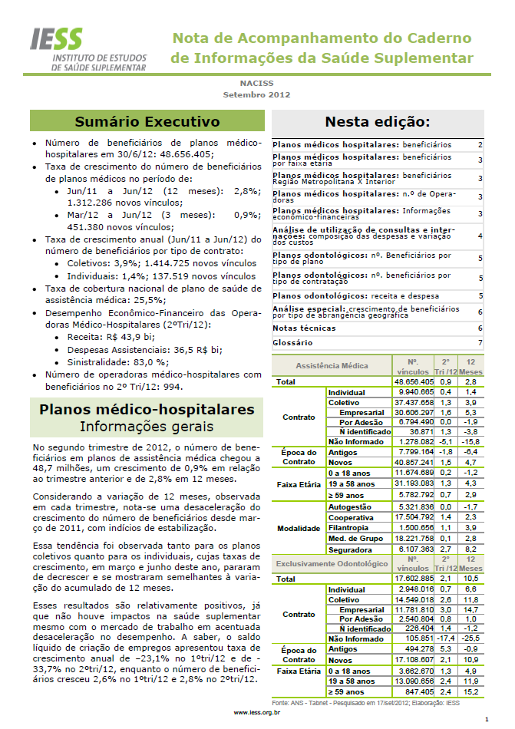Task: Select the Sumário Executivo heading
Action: pos(147,121)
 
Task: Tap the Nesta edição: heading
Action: pos(377,121)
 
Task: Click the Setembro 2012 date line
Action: pos(256,94)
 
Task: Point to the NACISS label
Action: pos(257,83)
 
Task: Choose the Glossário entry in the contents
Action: pos(292,342)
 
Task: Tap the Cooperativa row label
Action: pos(351,518)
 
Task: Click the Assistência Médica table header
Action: pos(332,366)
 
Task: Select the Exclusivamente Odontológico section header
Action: pos(332,564)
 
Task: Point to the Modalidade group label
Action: pos(299,529)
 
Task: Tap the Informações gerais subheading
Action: pos(147,426)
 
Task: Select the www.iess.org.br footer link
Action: pos(256,713)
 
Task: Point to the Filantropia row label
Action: pos(349,529)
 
